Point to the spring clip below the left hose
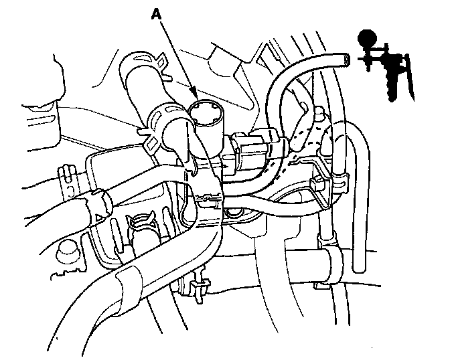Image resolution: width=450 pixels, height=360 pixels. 144,221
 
